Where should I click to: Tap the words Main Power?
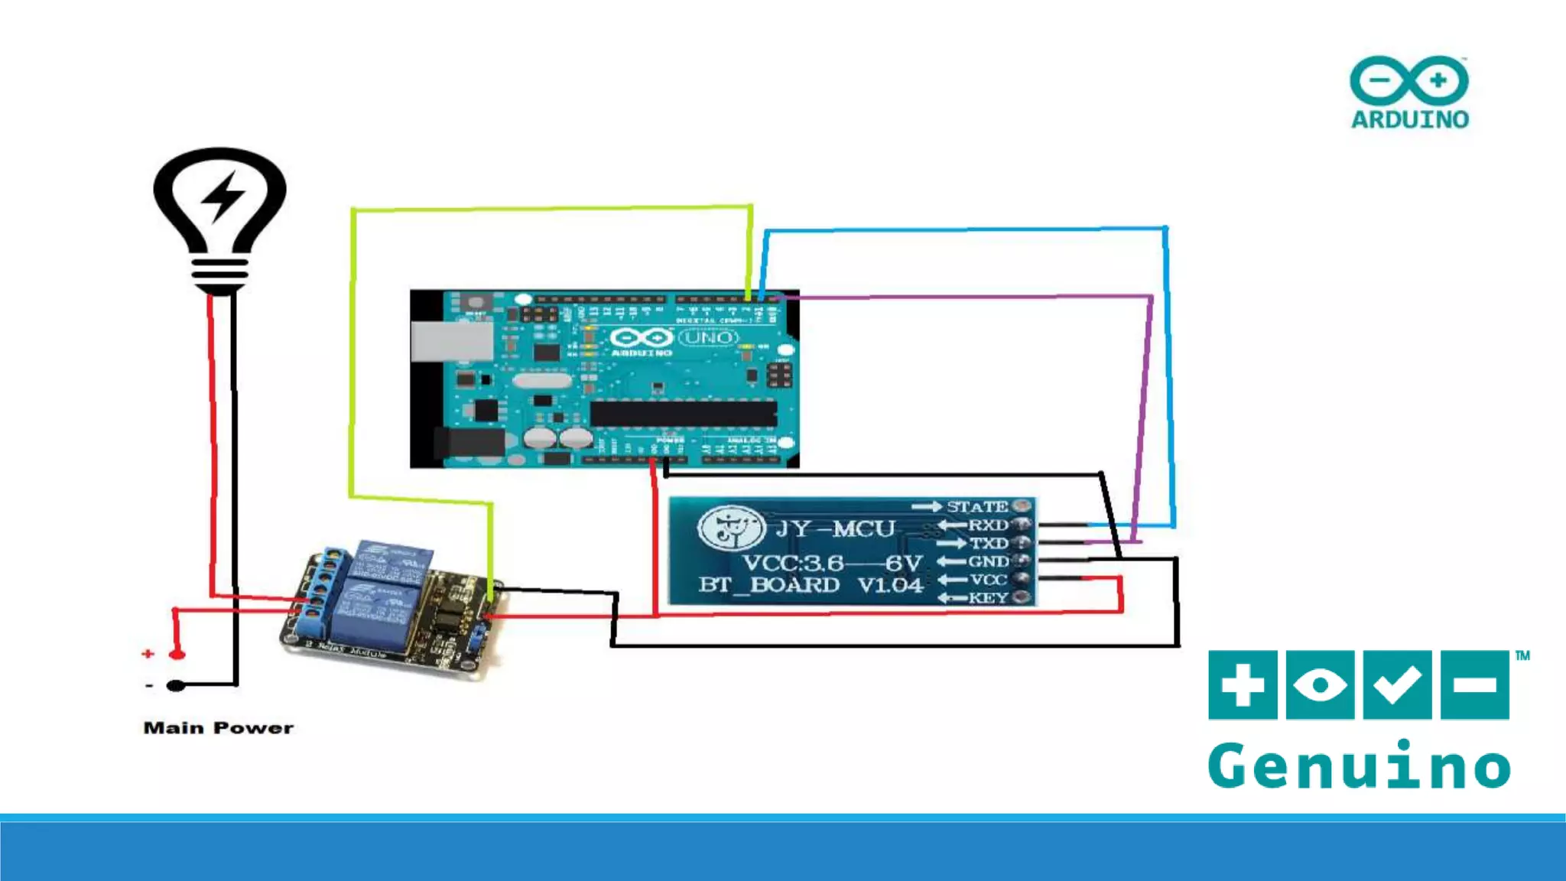[x=218, y=728]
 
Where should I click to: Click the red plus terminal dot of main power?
[x=177, y=655]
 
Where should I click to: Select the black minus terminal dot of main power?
[x=176, y=685]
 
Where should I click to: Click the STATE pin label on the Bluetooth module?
[x=976, y=507]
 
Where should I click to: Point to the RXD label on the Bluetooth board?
[x=988, y=525]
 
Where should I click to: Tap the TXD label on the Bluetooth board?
[x=989, y=544]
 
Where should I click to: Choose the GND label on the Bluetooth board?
[x=988, y=562]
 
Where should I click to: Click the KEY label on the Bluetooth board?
[x=988, y=598]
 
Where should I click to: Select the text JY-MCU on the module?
[x=835, y=529]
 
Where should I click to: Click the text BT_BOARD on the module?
[x=768, y=585]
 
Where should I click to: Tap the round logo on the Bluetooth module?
[x=730, y=528]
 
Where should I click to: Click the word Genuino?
[x=1359, y=765]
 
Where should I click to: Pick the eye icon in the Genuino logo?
[x=1320, y=684]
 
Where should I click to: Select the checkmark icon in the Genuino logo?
[x=1397, y=684]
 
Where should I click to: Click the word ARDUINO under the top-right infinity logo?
[x=1409, y=119]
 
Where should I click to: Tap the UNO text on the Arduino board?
[x=708, y=337]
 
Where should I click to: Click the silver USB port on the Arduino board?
[x=451, y=341]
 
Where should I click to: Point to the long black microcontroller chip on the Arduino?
[x=683, y=414]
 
